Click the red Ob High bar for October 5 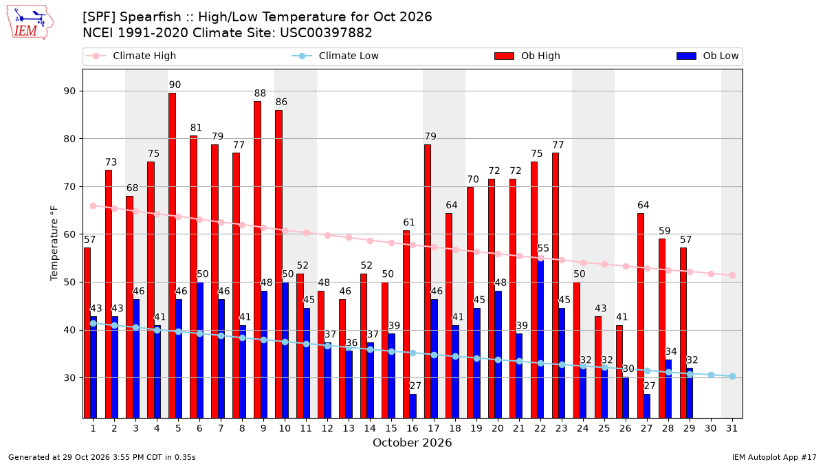pos(172,256)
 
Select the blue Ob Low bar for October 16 pos(413,406)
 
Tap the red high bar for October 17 pos(428,281)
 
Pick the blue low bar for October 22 pos(540,338)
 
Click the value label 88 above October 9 pos(260,93)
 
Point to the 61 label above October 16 pos(409,223)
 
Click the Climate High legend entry pos(131,56)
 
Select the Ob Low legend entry pos(707,56)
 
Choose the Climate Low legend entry pos(335,56)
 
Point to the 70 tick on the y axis pos(69,187)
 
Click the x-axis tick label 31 pos(731,428)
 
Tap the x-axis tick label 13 pos(349,428)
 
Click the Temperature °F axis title pos(54,243)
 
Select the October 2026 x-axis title pos(412,443)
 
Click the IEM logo pos(30,23)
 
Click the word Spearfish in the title pos(151,17)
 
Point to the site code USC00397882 pos(326,33)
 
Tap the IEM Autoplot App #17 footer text pos(774,457)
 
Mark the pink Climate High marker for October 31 pos(733,276)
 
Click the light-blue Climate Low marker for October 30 pos(711,375)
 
